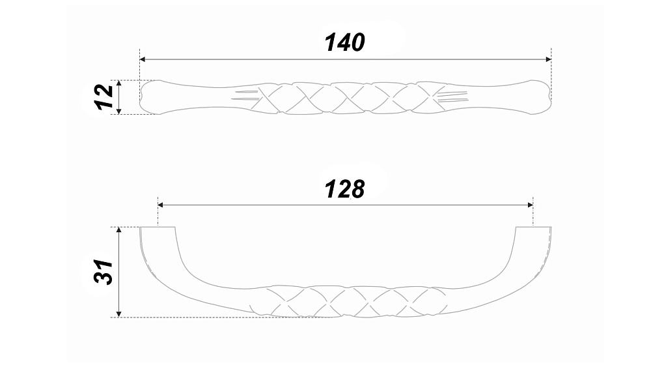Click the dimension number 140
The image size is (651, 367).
345,42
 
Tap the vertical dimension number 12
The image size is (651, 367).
104,97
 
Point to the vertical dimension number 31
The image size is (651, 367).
104,272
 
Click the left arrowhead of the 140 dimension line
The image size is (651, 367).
143,59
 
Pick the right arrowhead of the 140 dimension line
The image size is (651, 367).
548,59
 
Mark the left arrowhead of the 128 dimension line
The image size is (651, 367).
161,205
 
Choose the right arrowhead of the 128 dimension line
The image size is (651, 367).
530,205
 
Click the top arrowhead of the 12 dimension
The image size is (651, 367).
119,83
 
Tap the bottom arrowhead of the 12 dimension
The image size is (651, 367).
119,111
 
